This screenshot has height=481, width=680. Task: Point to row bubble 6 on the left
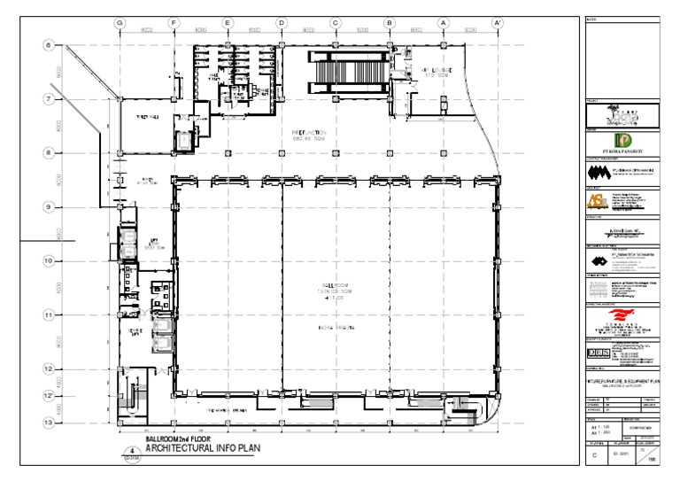tap(49, 44)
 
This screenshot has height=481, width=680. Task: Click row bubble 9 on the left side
tap(49, 206)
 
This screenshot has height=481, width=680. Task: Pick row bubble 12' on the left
tap(49, 395)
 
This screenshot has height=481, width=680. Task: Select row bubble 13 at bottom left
tap(49, 423)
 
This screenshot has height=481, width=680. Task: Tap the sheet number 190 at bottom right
tap(655, 461)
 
